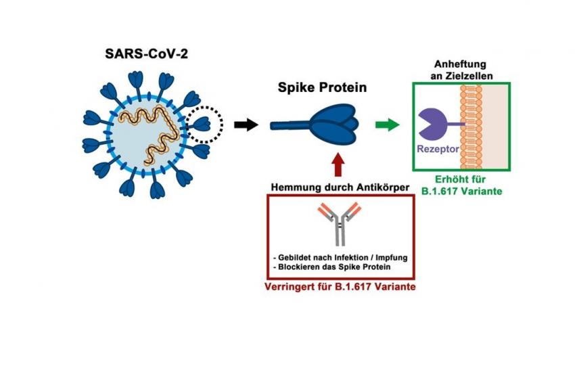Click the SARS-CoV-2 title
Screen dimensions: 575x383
[146, 54]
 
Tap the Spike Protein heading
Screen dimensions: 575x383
[322, 87]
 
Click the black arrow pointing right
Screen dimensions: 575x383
[246, 125]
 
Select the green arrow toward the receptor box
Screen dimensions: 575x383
[387, 125]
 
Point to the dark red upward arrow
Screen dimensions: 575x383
[338, 165]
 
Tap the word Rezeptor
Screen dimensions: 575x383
[438, 149]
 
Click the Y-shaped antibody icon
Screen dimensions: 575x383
[340, 224]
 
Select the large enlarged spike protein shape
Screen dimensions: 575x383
[314, 125]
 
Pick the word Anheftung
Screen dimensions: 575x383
[460, 64]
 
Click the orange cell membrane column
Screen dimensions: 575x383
[471, 127]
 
